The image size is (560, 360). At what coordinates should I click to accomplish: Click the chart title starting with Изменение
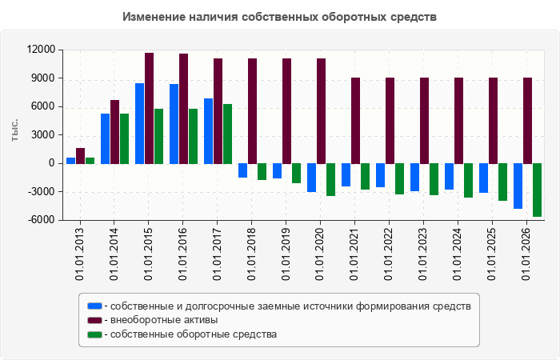[279, 17]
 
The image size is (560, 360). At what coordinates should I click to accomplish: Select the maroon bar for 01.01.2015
[150, 109]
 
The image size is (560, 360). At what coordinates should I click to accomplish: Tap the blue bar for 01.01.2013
[70, 161]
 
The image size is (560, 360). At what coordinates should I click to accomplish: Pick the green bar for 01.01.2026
[537, 190]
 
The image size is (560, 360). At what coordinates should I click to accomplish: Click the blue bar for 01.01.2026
[518, 186]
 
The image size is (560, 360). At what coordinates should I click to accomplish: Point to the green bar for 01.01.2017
[227, 134]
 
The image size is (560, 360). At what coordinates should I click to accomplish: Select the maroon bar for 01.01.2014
[114, 132]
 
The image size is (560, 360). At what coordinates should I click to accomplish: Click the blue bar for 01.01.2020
[311, 178]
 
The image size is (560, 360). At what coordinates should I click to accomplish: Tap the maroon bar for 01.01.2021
[356, 121]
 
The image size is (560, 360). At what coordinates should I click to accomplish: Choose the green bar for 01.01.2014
[124, 139]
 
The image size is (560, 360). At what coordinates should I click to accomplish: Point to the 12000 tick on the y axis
[42, 50]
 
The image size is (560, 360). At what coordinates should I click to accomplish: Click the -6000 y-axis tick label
[42, 220]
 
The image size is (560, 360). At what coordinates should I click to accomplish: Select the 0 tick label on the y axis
[52, 163]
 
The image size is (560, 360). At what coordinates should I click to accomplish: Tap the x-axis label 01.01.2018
[251, 254]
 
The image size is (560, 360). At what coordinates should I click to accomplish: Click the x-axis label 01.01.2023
[423, 254]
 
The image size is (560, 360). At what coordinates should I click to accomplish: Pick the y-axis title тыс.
[14, 130]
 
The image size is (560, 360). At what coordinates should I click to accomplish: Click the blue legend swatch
[94, 306]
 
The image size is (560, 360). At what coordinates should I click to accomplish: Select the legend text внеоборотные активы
[164, 320]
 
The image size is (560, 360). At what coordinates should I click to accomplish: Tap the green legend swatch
[94, 334]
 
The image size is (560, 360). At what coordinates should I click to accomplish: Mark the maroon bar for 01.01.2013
[80, 156]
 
